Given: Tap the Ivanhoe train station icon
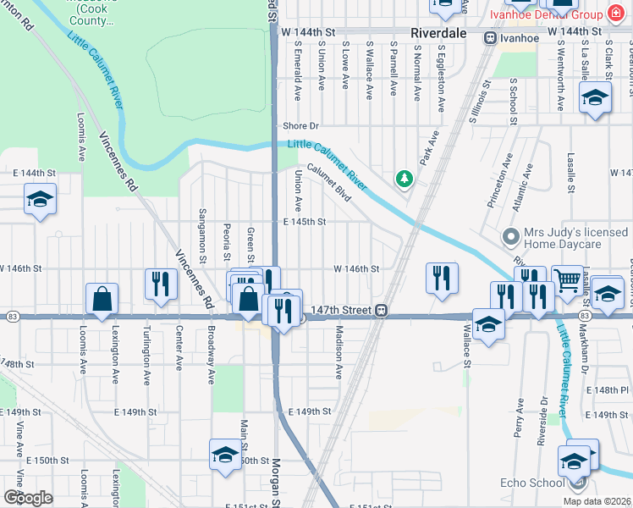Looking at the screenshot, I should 490,37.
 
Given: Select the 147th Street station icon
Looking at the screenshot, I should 383,311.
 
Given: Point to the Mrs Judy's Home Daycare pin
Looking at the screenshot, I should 510,238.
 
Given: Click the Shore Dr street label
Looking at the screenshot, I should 300,125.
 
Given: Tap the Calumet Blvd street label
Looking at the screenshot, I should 329,180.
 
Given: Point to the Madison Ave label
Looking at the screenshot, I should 339,352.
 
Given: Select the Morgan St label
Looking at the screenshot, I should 276,483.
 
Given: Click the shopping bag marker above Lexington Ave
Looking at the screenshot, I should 102,299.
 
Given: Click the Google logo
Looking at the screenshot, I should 28,498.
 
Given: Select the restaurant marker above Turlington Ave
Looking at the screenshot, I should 161,284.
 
